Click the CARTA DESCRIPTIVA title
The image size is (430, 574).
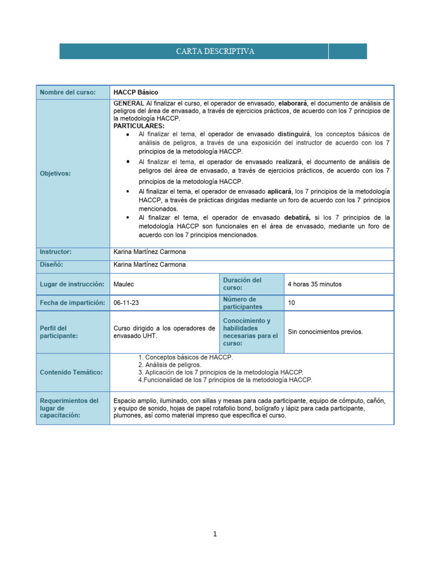[215, 52]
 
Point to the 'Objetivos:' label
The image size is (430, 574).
[55, 174]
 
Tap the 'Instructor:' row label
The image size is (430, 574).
[55, 252]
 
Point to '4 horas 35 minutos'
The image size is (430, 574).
[314, 284]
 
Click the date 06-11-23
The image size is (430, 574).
[126, 303]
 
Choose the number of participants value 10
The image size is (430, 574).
[291, 303]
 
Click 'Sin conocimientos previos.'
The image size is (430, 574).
[325, 332]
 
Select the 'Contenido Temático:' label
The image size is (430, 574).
[71, 372]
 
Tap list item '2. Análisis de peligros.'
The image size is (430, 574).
[170, 364]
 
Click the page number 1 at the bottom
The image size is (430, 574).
[215, 534]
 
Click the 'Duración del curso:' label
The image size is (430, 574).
[242, 284]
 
